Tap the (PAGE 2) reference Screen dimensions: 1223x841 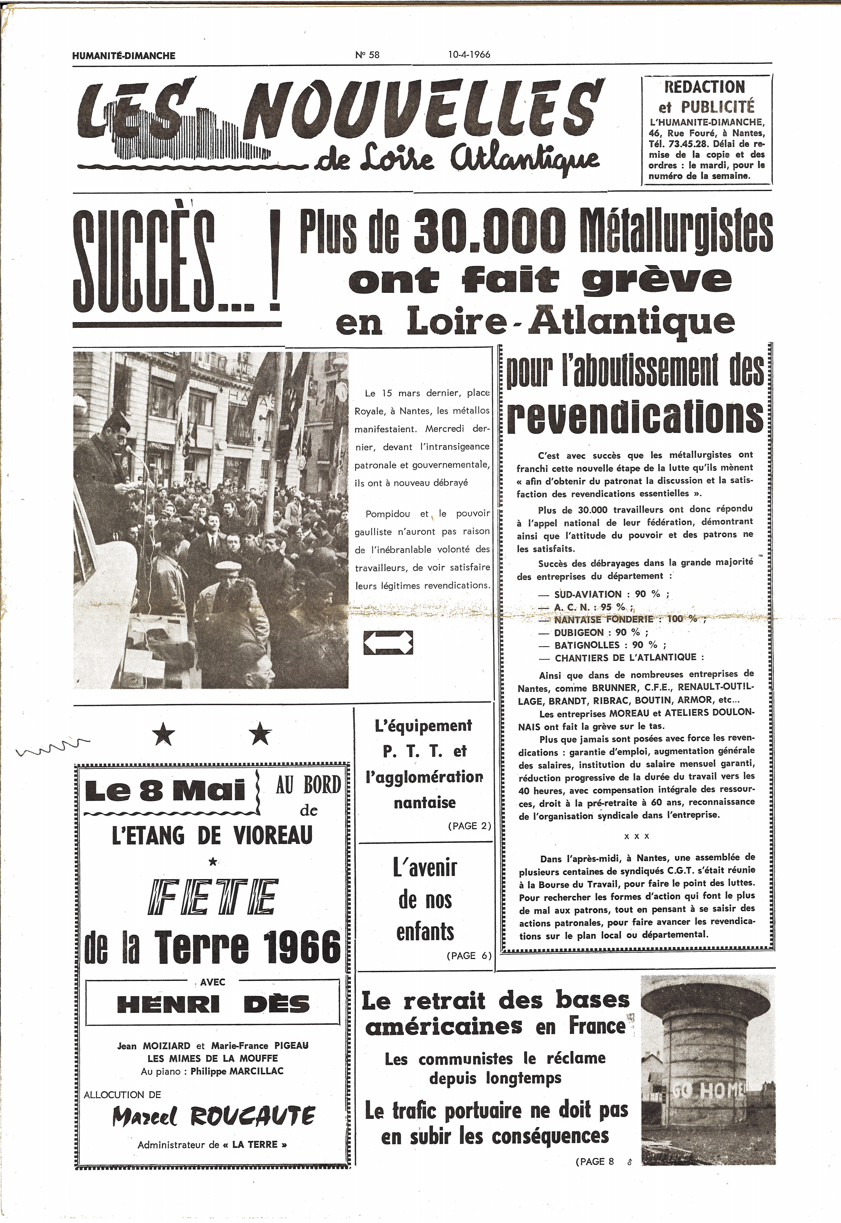pos(469,826)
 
